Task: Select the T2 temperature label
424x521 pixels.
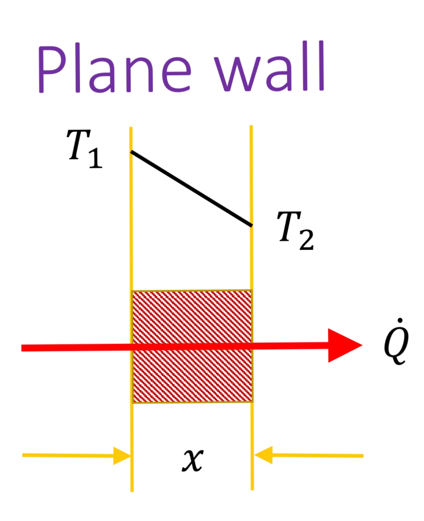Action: coord(295,230)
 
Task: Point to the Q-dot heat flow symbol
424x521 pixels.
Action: coord(396,343)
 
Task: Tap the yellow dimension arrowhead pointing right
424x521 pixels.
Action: coord(122,456)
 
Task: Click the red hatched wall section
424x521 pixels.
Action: coord(192,375)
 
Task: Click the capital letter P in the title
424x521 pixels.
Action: coord(52,69)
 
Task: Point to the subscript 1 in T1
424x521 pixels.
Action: coord(95,158)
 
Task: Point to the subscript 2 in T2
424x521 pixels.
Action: coord(306,240)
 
